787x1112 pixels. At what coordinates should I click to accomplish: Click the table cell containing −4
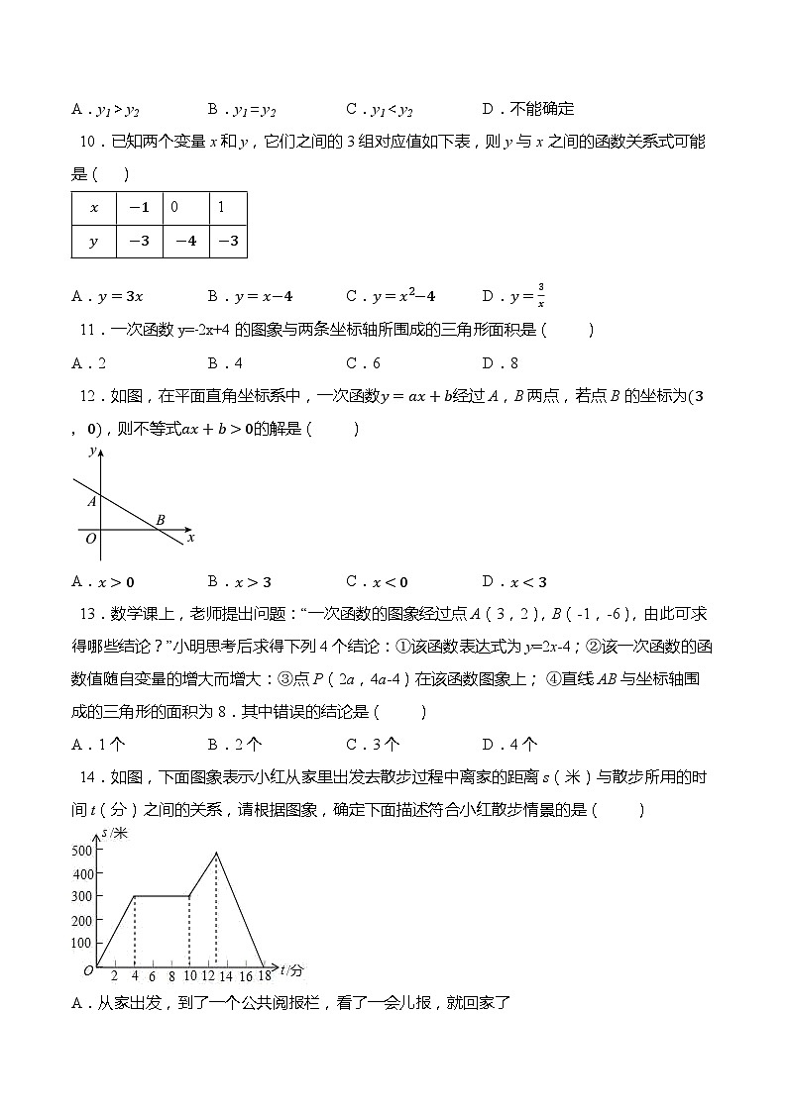click(x=185, y=241)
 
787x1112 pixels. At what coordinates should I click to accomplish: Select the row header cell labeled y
click(x=94, y=241)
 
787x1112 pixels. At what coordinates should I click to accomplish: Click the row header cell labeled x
click(x=94, y=208)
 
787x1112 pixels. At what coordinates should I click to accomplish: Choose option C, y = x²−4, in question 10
click(x=391, y=295)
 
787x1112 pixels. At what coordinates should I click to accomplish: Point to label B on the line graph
click(x=160, y=519)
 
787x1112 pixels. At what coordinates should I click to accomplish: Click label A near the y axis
click(x=90, y=502)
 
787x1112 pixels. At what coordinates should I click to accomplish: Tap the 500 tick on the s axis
click(x=81, y=850)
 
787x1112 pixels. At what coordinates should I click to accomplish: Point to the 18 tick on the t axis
click(x=264, y=976)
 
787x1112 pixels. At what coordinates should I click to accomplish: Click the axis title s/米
click(x=115, y=833)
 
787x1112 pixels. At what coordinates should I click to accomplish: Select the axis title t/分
click(x=291, y=968)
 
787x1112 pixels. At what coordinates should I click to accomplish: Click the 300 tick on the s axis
click(x=81, y=896)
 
